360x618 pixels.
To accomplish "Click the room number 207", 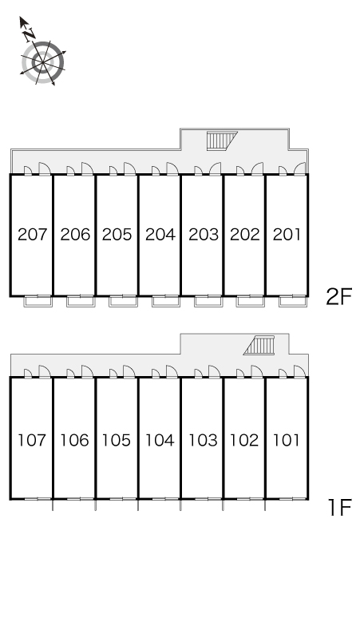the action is coord(32,235).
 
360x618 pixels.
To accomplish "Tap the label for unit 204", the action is coord(160,235).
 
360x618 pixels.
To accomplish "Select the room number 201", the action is coord(287,235).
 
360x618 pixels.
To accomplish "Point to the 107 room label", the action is coord(32,440).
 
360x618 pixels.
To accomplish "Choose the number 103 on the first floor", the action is coord(203,440).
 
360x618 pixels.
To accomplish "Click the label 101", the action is coord(287,440).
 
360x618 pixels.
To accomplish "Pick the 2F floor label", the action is coord(338,296).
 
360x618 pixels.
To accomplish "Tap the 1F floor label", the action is coord(339,507).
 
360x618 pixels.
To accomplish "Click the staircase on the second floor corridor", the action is coord(223,141).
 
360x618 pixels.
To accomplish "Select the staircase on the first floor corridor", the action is coord(259,346).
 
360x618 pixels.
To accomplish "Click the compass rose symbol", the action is coord(42,62).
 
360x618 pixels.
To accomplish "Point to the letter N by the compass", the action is coord(29,35).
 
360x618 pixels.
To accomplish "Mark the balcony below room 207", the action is coord(38,301).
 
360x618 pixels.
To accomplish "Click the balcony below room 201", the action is coord(293,301).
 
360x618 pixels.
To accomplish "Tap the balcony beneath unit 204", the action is coord(166,301).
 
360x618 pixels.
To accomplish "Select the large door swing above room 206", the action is coord(88,168).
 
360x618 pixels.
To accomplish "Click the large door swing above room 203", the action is coord(215,168).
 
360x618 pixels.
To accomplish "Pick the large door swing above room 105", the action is coord(129,371).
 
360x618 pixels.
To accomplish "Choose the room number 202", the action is coord(244,235).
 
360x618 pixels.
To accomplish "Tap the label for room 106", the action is coord(74,440).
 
